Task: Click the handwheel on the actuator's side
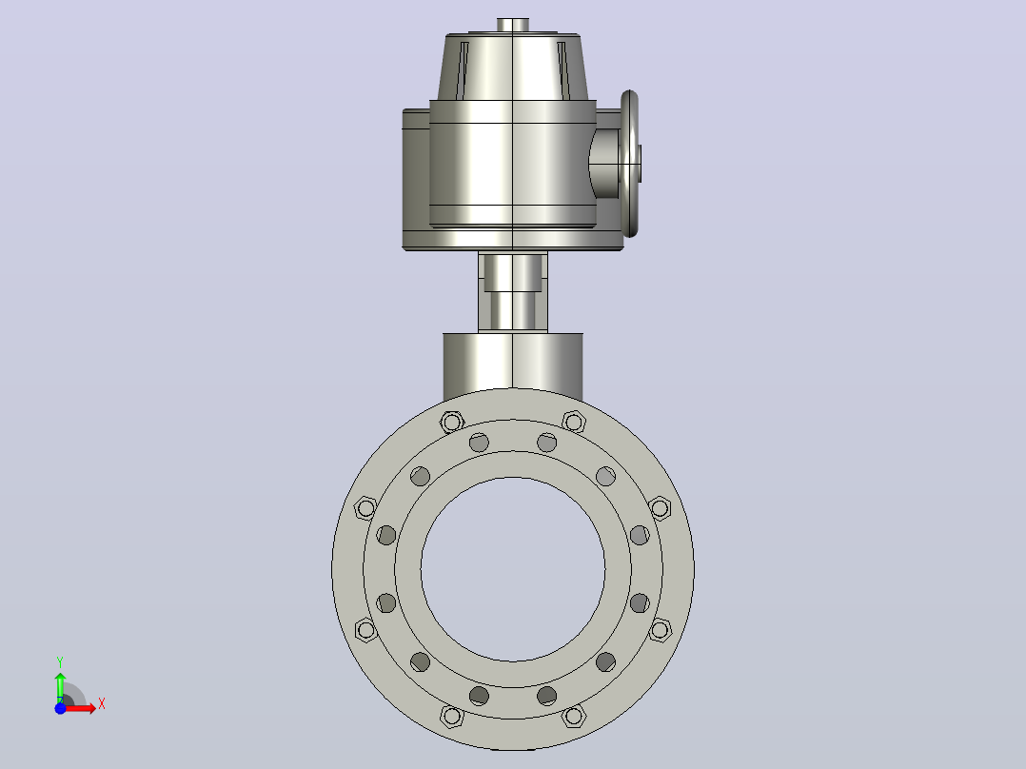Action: click(629, 164)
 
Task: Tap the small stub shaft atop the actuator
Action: click(513, 25)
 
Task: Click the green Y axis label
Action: click(60, 661)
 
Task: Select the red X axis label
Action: click(102, 704)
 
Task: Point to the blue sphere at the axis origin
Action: click(60, 708)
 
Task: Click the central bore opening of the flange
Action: click(513, 569)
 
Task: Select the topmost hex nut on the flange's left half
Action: click(451, 423)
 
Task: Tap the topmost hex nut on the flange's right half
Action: click(574, 423)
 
